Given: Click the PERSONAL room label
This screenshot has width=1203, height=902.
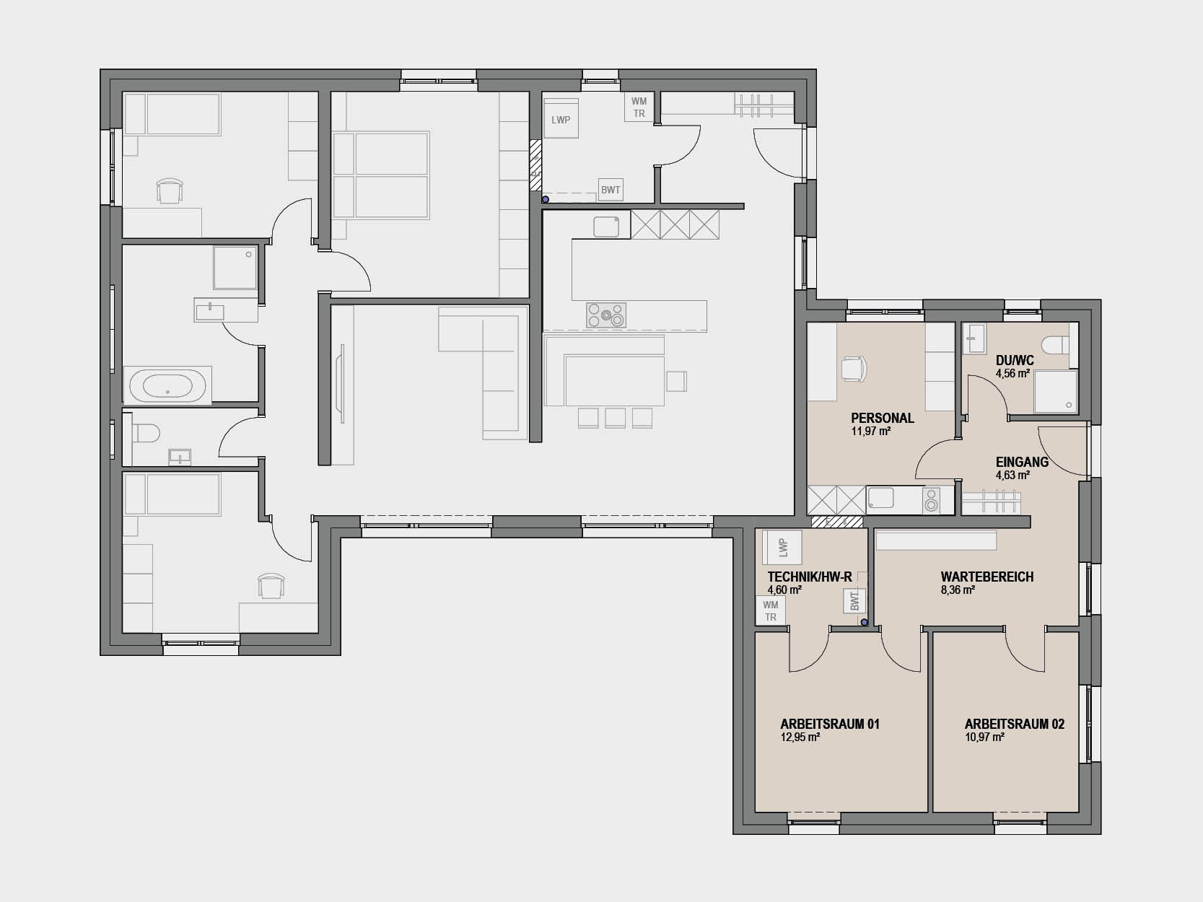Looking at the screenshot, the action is [x=883, y=418].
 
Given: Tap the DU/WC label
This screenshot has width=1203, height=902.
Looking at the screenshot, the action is [x=1015, y=361].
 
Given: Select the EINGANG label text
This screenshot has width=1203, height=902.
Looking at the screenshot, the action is [x=1022, y=462].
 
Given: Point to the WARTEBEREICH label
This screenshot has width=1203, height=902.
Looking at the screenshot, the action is [x=987, y=577].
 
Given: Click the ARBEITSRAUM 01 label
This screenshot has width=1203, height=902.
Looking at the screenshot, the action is [x=830, y=724].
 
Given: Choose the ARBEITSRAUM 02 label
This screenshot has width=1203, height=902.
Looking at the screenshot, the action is [x=1015, y=724].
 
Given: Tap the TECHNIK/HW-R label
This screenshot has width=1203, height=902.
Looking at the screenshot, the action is [x=810, y=577].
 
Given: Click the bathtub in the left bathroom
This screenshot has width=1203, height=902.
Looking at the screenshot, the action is [x=167, y=386].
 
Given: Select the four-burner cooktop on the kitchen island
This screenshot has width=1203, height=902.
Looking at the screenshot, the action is [x=606, y=315].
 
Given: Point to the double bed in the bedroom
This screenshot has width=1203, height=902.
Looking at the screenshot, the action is [x=381, y=175].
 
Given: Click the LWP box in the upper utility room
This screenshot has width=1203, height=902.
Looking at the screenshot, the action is [x=561, y=119].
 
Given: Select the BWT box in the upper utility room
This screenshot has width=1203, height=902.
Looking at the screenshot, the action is [x=610, y=191].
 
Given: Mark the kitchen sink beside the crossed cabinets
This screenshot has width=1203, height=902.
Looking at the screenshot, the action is [x=606, y=227].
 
